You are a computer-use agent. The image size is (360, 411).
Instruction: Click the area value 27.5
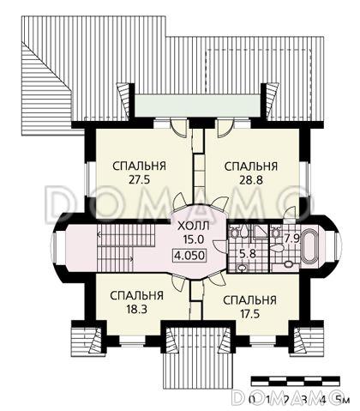point(140,180)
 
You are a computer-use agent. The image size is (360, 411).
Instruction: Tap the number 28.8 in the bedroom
point(251,180)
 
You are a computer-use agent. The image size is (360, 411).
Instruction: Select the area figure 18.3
point(136,309)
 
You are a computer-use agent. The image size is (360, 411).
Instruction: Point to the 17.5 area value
point(249,314)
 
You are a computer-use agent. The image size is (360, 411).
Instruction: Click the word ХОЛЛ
point(194,226)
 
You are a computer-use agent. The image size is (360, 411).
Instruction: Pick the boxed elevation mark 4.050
point(189,255)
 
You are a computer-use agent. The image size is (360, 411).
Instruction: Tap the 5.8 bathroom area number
point(249,254)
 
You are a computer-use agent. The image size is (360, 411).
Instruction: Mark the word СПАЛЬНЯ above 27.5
point(140,166)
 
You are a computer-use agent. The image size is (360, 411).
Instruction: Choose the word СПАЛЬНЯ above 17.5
point(249,300)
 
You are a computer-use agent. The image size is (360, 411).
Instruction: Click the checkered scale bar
point(296,382)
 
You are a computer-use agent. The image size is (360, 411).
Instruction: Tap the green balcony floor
point(197,106)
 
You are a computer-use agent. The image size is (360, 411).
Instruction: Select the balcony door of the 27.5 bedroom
point(178,127)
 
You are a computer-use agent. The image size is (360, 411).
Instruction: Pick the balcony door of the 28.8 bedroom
point(225,128)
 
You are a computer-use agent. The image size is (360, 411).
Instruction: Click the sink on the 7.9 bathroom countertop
point(288,264)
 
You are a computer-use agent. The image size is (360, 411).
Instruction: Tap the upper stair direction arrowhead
point(99,235)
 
